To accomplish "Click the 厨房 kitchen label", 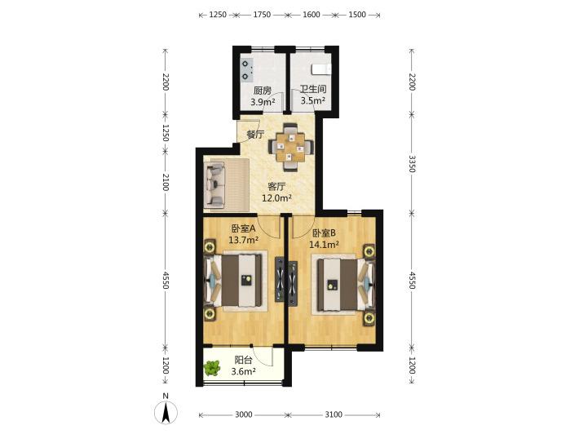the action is [x=263, y=90].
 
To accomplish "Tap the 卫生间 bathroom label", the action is [x=313, y=89].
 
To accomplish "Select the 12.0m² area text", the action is [x=277, y=198].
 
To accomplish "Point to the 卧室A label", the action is [x=244, y=228].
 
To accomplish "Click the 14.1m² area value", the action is [x=325, y=244].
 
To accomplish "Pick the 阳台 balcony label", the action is [x=244, y=360].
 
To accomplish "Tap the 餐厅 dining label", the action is [x=255, y=135].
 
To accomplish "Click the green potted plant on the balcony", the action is [x=212, y=368].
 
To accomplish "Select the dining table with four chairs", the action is [x=291, y=147].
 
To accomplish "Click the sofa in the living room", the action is [x=215, y=184].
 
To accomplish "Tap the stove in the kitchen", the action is [x=246, y=70].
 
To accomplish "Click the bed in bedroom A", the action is [x=235, y=281].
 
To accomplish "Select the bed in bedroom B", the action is [x=346, y=285].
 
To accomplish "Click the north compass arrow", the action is [x=166, y=412].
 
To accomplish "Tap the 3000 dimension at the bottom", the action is [x=244, y=414].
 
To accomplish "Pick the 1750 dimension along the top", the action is [x=262, y=15].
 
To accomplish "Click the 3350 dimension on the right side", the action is [x=412, y=164].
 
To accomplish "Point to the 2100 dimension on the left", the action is [x=166, y=182].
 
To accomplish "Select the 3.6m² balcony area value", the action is [x=244, y=371].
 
